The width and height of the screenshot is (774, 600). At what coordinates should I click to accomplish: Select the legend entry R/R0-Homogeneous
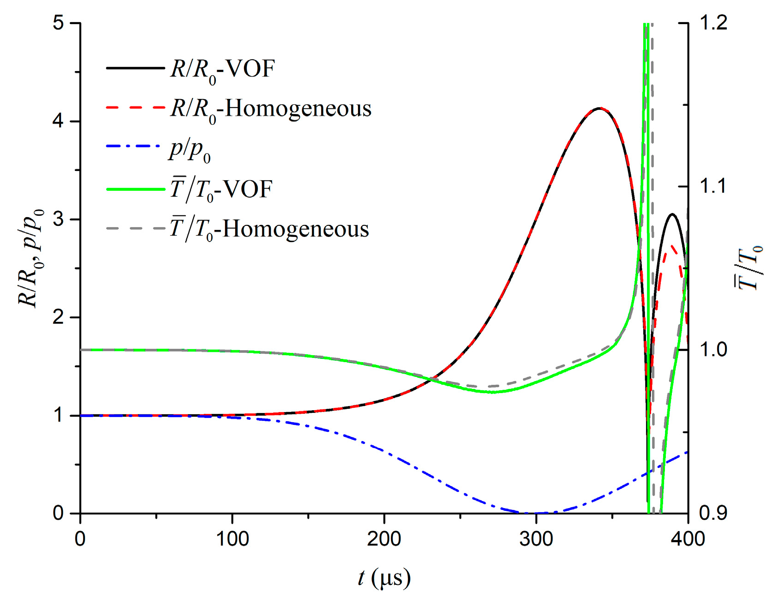click(x=271, y=109)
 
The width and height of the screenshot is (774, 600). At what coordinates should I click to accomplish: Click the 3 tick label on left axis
click(x=59, y=219)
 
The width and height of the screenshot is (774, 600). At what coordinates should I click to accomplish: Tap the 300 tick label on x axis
click(x=536, y=539)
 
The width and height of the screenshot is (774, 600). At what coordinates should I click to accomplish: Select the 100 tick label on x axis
click(x=232, y=539)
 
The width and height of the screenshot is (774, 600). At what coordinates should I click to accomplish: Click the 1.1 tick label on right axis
click(x=713, y=187)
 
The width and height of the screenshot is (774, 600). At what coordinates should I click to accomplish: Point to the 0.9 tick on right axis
click(x=713, y=513)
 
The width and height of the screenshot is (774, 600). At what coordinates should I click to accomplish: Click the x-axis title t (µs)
click(x=384, y=578)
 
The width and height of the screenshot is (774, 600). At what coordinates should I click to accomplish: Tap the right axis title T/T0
click(x=749, y=268)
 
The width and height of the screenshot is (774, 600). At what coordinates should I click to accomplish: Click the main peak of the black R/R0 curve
click(x=599, y=109)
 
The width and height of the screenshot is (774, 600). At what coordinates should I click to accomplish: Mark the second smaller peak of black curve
click(x=672, y=214)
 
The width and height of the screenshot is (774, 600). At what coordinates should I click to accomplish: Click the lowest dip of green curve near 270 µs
click(x=493, y=392)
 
